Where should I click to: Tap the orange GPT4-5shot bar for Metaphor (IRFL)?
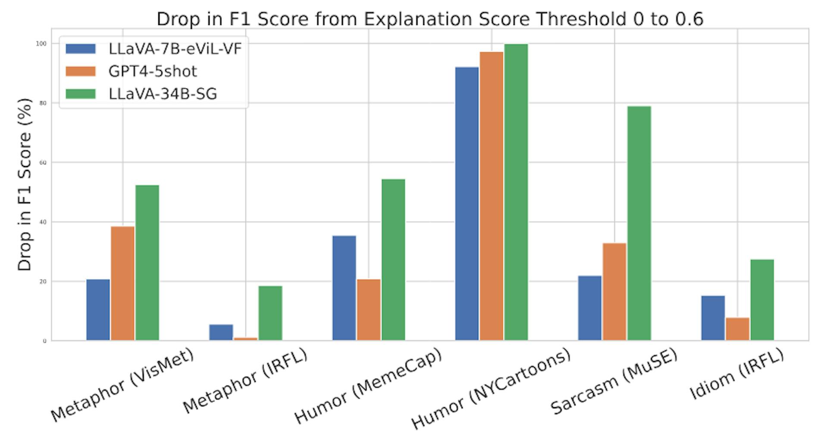[x=245, y=339]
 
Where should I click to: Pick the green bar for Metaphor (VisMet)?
[x=147, y=262]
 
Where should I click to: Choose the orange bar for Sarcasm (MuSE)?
[x=615, y=292]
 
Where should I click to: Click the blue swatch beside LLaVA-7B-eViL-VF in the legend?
[x=81, y=49]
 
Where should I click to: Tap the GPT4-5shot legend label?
[x=153, y=71]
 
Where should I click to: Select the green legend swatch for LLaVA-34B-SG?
[x=81, y=94]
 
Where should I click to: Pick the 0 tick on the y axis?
[x=44, y=341]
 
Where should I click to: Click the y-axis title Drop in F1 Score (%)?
[x=25, y=184]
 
